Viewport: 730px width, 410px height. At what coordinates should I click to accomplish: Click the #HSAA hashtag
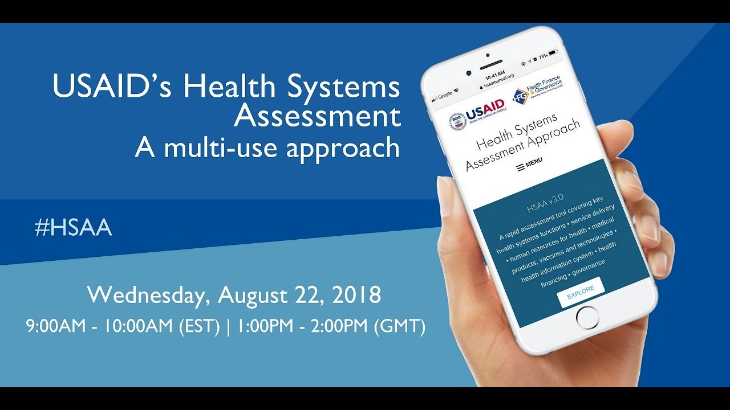point(72,228)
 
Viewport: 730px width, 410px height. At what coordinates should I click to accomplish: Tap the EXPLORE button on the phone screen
point(580,291)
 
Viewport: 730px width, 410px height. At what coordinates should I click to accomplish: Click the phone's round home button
point(587,316)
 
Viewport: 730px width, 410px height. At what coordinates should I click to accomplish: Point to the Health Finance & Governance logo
point(536,90)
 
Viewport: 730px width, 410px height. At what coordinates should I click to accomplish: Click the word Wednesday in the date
point(149,295)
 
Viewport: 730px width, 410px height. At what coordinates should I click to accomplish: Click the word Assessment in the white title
point(317,117)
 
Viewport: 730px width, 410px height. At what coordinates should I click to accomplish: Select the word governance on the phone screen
point(588,267)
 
